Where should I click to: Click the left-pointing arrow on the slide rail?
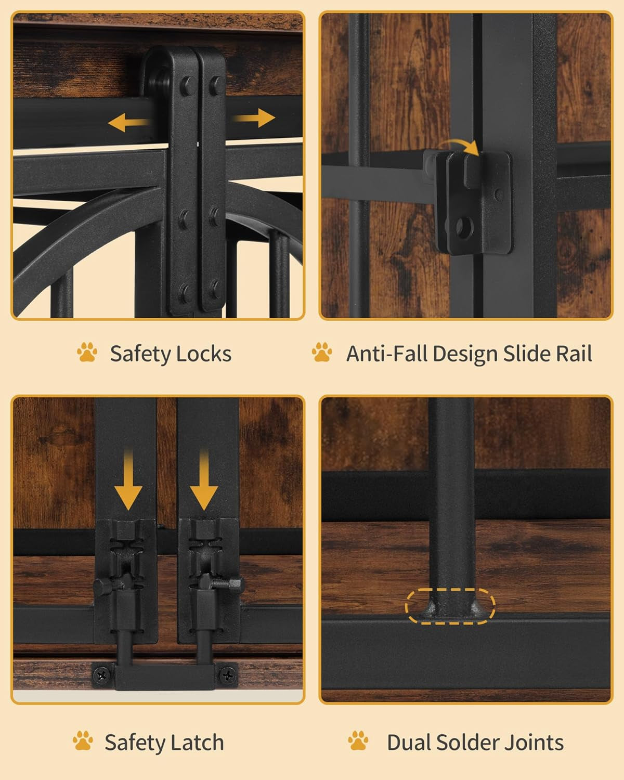pos(129,123)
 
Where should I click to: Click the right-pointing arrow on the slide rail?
pos(254,118)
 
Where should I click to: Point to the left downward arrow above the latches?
pos(128,480)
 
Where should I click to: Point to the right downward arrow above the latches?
pos(204,480)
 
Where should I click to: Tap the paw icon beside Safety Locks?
pos(87,352)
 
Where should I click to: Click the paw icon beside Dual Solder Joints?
pos(358,740)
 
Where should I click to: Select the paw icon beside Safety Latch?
pos(83,740)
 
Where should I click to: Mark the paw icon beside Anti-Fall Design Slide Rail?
pos(322,352)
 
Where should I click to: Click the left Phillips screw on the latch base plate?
pos(102,675)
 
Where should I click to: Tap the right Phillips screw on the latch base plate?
pos(228,674)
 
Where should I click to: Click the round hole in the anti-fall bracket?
pos(463,228)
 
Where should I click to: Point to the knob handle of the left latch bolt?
pos(102,584)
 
